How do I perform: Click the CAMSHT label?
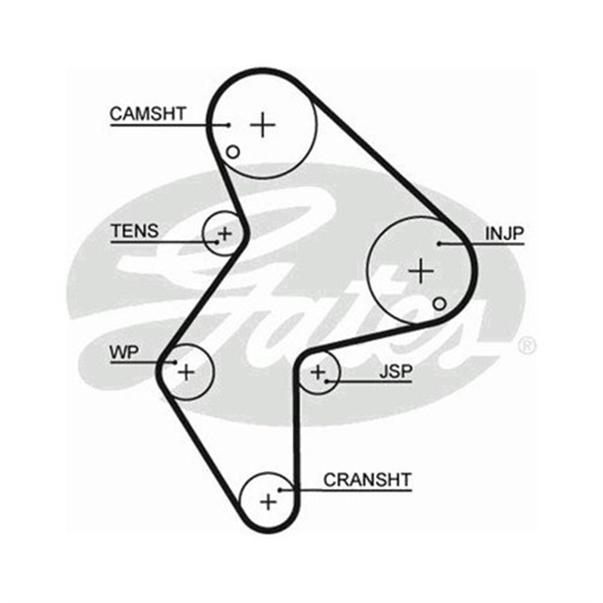click(x=148, y=114)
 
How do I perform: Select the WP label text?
click(x=123, y=352)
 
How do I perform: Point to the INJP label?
click(x=505, y=233)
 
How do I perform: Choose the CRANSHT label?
click(x=367, y=480)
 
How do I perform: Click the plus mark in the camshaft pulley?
click(x=263, y=123)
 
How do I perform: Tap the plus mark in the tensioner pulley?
click(x=225, y=232)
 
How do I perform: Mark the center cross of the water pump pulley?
click(x=186, y=371)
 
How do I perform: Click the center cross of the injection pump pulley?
click(x=420, y=271)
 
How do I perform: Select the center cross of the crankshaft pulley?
click(x=269, y=500)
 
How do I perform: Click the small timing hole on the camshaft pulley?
click(x=233, y=151)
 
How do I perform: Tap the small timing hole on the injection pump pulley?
click(x=439, y=303)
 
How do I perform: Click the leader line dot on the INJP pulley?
click(x=439, y=244)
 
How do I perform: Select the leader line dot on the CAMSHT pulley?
click(x=228, y=124)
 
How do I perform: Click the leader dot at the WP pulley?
click(x=175, y=362)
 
